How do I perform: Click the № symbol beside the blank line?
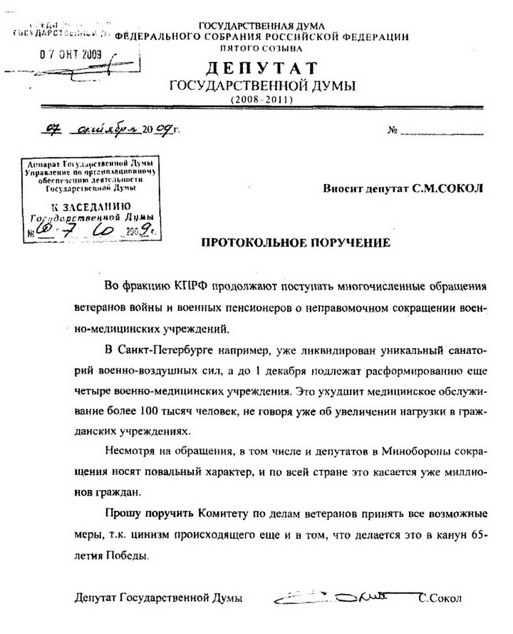tap(393, 131)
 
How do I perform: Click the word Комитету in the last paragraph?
tap(215, 513)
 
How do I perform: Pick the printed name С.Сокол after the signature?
tap(441, 598)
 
